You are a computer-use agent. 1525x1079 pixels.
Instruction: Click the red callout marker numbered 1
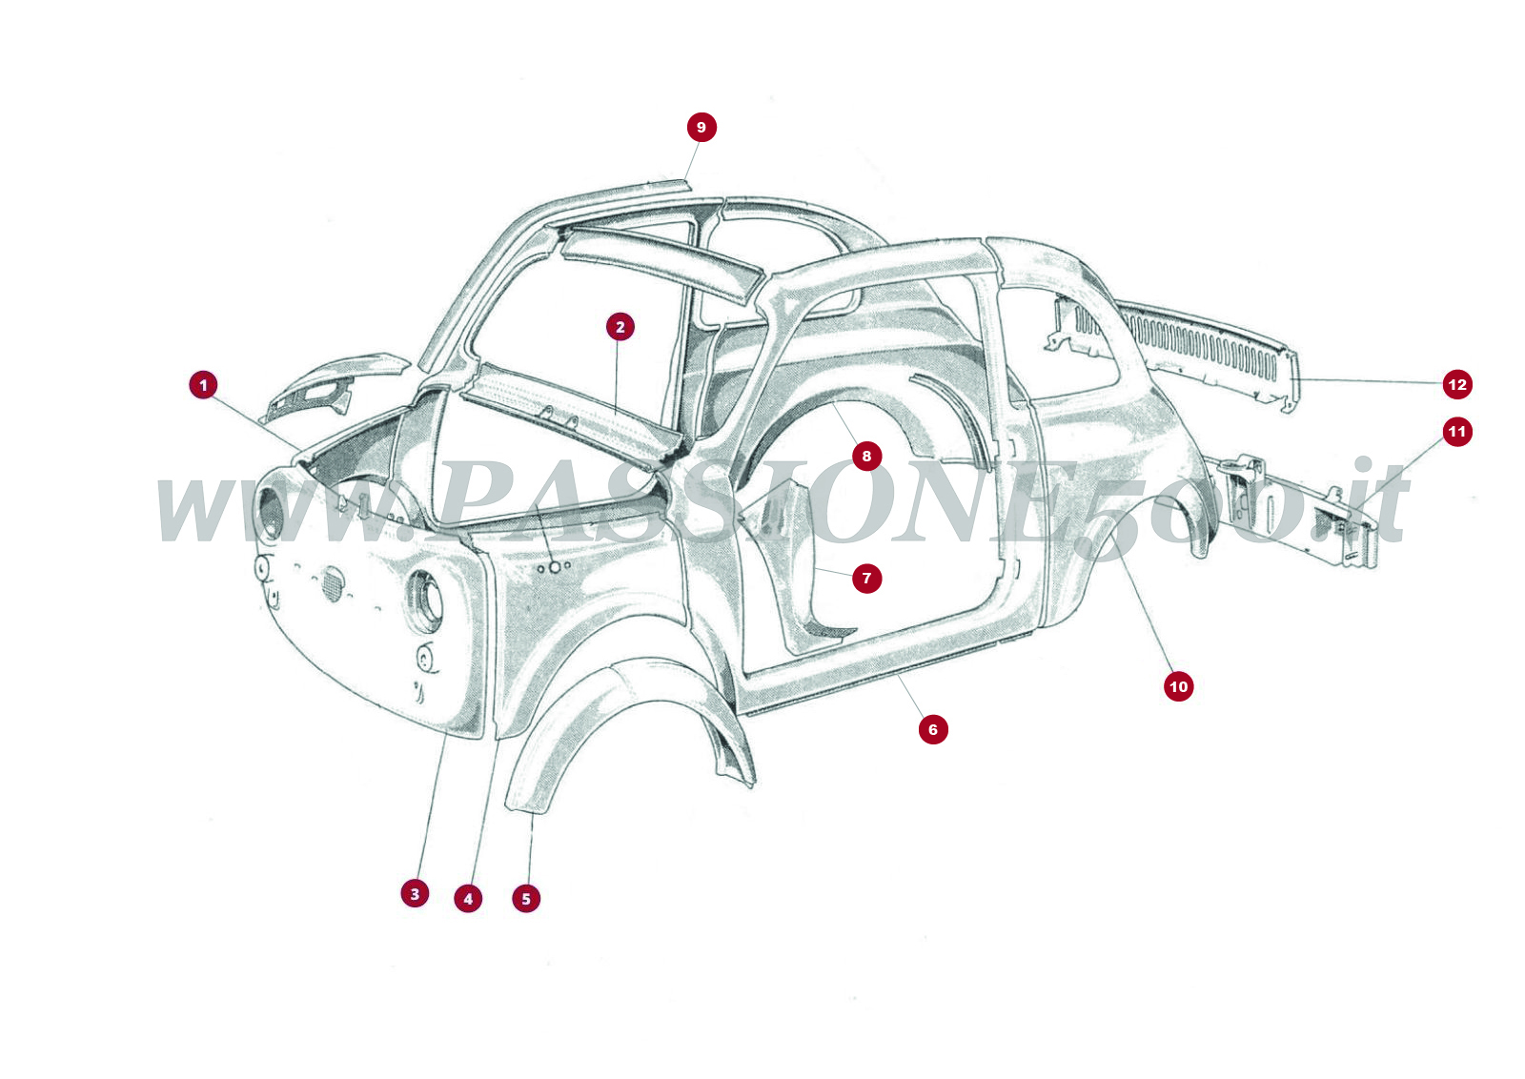pos(203,385)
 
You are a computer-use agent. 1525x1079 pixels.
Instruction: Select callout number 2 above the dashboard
pos(620,327)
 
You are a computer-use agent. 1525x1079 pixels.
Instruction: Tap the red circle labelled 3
pos(415,894)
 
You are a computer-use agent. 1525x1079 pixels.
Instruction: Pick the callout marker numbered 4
pos(468,899)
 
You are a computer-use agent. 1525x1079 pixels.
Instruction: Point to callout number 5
pos(526,899)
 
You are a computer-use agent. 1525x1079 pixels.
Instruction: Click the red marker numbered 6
pos(933,730)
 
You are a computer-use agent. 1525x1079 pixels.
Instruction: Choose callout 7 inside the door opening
pos(866,578)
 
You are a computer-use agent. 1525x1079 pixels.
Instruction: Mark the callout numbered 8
pos(866,457)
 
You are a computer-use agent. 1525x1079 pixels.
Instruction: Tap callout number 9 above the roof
pos(701,128)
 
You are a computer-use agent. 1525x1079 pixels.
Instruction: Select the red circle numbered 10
pos(1179,686)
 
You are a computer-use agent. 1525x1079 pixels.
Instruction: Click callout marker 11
pos(1457,432)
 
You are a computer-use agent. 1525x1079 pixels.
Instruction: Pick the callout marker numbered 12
pos(1457,385)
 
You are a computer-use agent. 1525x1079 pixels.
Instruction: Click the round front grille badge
pos(332,583)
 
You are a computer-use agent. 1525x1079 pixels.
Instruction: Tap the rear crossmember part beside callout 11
pos(1306,510)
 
